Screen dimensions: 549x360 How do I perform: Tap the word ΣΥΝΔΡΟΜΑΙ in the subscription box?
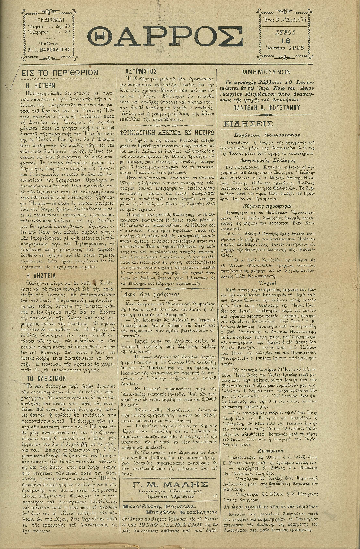[x=49, y=20]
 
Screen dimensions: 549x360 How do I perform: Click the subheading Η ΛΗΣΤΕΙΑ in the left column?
[x=39, y=263]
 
